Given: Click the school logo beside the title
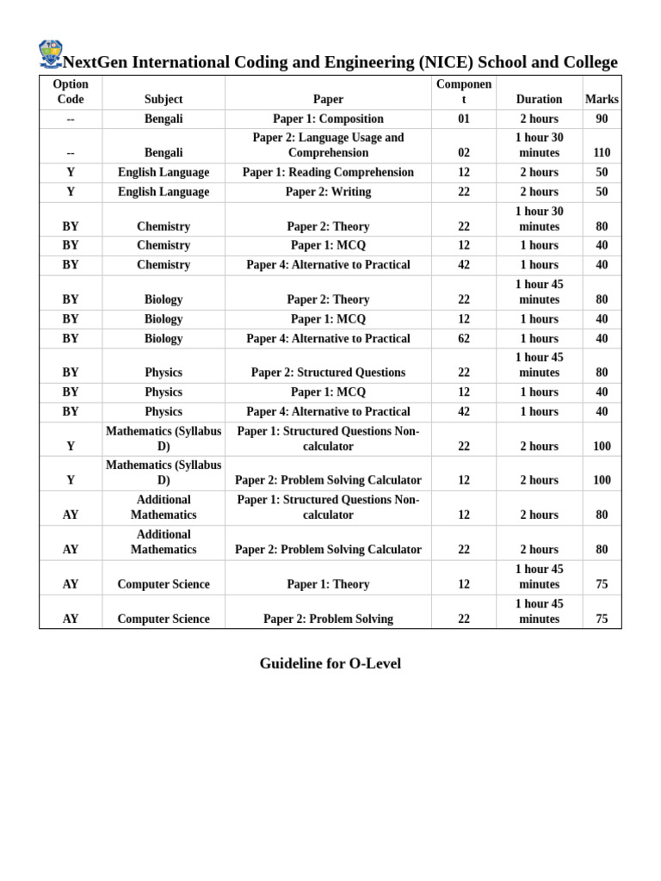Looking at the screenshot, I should pos(51,53).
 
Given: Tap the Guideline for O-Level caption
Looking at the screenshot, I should pos(330,663).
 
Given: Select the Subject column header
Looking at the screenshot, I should pos(164,99).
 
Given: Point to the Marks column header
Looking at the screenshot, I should pos(602,99).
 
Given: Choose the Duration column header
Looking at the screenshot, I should pos(539,99).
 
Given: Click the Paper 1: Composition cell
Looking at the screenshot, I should pos(328,119).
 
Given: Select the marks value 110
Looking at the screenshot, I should pos(602,153).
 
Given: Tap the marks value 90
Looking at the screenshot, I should pos(602,119).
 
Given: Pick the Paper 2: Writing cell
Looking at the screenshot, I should pos(328,192).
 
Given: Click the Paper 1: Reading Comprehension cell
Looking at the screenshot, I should pos(328,172).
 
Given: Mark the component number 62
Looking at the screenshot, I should pos(464,338).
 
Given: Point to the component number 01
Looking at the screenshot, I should pos(464,119).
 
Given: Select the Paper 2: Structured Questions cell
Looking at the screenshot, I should pos(328,373).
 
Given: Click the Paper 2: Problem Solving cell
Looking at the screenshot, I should pos(328,619).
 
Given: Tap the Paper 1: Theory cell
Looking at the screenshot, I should pos(328,584).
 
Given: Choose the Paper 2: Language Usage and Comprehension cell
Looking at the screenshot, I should pos(328,145).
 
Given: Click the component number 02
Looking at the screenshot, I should pos(464,153).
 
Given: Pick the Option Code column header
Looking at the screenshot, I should pos(71,91).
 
